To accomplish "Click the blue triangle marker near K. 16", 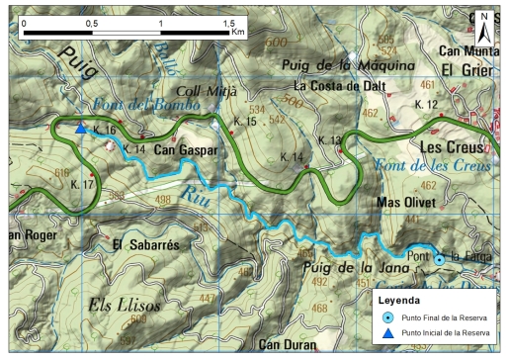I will [x=81, y=128].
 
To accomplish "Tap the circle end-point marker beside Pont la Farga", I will [x=439, y=259].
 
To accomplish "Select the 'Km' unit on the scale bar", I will [x=237, y=33].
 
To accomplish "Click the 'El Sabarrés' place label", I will [x=146, y=245].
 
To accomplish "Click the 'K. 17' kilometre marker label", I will [x=86, y=185].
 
